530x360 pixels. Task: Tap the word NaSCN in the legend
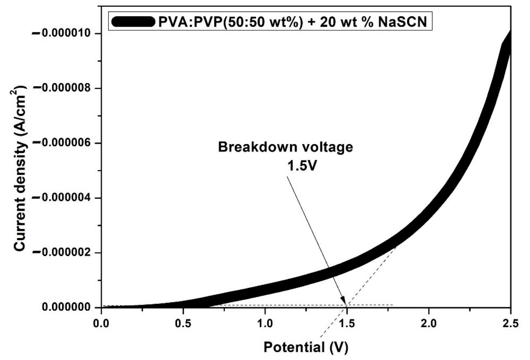403,22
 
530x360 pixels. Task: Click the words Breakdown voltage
285,147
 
